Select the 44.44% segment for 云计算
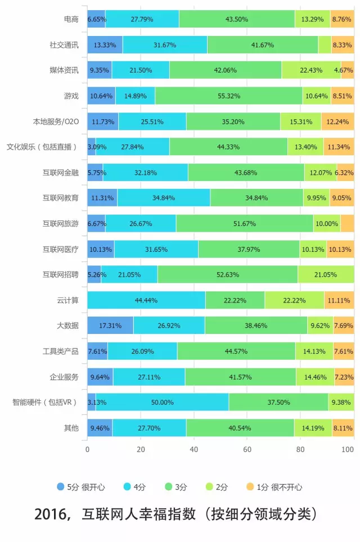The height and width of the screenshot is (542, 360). [146, 300]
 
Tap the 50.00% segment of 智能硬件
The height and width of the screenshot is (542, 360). [162, 403]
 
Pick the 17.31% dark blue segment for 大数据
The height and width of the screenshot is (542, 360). [110, 326]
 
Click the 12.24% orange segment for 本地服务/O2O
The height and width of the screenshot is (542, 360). [337, 121]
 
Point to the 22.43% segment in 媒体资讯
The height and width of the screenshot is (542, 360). [311, 70]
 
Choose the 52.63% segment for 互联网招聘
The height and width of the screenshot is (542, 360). [227, 274]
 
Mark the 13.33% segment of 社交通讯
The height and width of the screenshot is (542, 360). [105, 44]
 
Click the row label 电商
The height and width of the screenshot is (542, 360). [71, 19]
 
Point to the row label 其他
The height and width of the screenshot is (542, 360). [71, 428]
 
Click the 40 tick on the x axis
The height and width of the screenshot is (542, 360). [194, 449]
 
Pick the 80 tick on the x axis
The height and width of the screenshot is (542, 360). [300, 449]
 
